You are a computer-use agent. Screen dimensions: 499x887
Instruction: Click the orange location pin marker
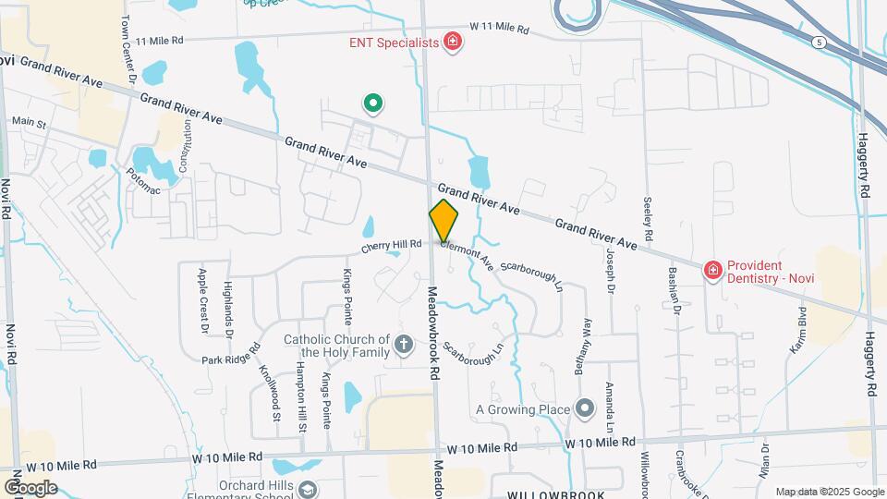[x=443, y=221]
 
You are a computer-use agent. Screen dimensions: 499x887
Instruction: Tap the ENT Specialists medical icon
[x=453, y=42]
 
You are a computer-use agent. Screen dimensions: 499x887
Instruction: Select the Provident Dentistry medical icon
[x=712, y=271]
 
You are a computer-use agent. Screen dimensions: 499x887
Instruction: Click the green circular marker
[x=372, y=103]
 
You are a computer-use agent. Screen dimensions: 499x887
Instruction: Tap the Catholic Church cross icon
[x=403, y=346]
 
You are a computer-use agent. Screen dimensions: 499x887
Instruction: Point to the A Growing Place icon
[x=584, y=408]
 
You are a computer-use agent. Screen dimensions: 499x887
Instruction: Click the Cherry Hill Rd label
[x=391, y=245]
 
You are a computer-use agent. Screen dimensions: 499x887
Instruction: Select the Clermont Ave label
[x=467, y=254]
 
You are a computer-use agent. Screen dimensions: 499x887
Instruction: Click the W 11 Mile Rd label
[x=499, y=29]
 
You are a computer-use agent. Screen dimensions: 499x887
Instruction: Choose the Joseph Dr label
[x=610, y=271]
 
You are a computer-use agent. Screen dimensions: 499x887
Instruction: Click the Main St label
[x=28, y=121]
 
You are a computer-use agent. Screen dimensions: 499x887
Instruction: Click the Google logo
[x=30, y=487]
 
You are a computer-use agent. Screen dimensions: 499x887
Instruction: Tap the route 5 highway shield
[x=819, y=43]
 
